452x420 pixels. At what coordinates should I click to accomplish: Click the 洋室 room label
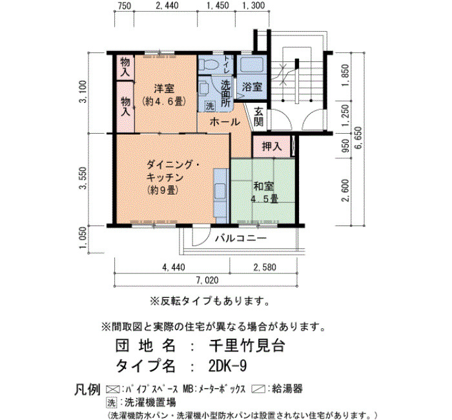[164, 88]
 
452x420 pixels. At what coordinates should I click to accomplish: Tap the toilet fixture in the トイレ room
[208, 65]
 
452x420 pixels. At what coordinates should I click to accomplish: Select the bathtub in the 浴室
[252, 65]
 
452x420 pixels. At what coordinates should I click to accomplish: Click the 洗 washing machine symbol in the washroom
[210, 107]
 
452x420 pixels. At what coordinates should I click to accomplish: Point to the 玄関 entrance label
[259, 116]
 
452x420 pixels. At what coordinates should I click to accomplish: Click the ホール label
[225, 122]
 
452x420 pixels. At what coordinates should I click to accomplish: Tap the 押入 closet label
[272, 147]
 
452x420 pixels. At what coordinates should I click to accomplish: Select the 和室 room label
[263, 186]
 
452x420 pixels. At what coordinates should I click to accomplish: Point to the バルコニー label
[241, 238]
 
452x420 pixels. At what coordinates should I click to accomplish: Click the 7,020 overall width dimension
[207, 280]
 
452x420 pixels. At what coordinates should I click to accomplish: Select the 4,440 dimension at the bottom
[174, 268]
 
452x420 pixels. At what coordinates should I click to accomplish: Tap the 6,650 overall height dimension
[359, 137]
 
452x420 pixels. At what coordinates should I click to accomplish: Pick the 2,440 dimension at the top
[167, 5]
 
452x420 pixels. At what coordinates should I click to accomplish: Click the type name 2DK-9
[227, 366]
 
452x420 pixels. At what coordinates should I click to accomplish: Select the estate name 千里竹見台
[247, 345]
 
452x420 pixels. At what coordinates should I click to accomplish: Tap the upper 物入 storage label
[125, 67]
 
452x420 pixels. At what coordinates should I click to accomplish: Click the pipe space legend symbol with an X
[113, 390]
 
